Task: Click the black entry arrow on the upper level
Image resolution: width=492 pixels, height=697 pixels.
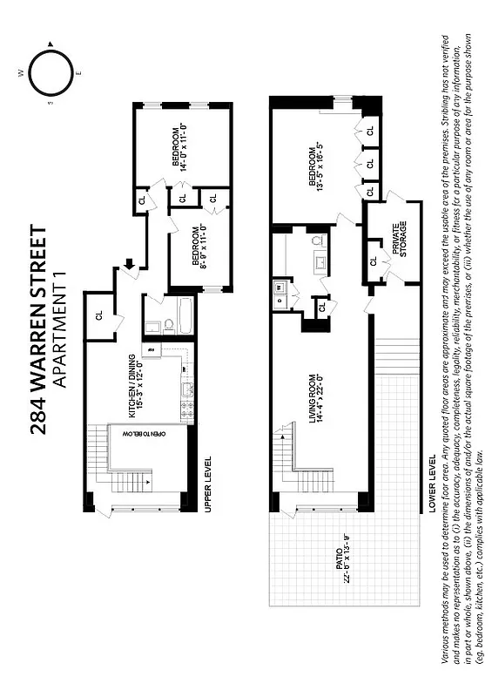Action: [x=130, y=263]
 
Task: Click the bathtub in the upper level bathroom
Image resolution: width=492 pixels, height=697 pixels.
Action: [x=184, y=318]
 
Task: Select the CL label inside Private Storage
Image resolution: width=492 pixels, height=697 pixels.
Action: [x=373, y=261]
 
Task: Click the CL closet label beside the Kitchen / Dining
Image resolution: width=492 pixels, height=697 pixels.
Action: [x=98, y=316]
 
